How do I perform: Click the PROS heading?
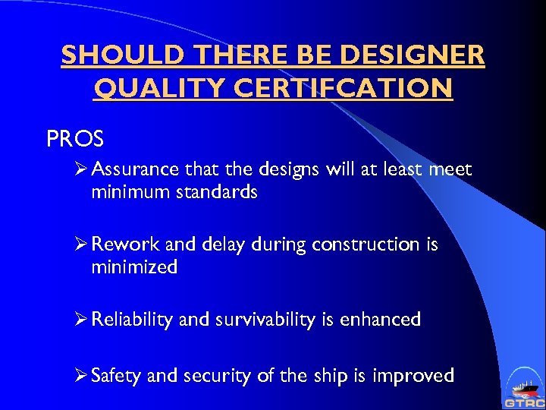[75, 140]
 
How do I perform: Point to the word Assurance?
[132, 170]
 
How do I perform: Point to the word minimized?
[134, 266]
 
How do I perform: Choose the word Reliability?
[132, 320]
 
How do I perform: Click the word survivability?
[264, 320]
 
